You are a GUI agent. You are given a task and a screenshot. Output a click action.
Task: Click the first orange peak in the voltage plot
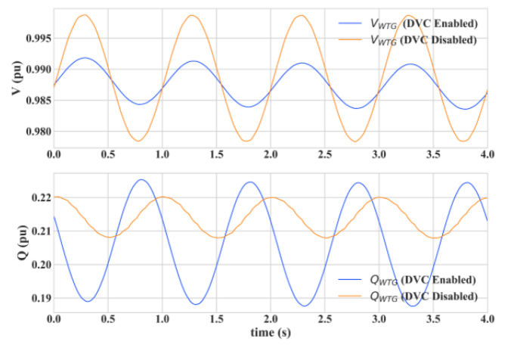point(84,14)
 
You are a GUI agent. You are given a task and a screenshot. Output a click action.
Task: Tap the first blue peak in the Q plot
point(141,179)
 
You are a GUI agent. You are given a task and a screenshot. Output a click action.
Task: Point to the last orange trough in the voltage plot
point(462,141)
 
